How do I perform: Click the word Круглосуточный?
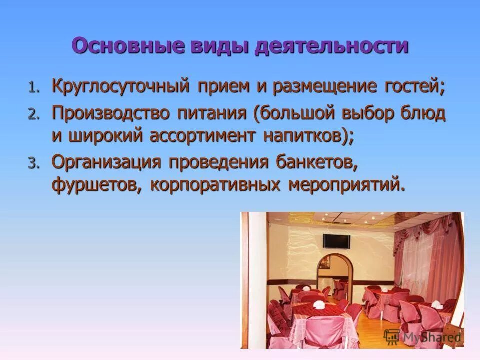coord(120,87)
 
